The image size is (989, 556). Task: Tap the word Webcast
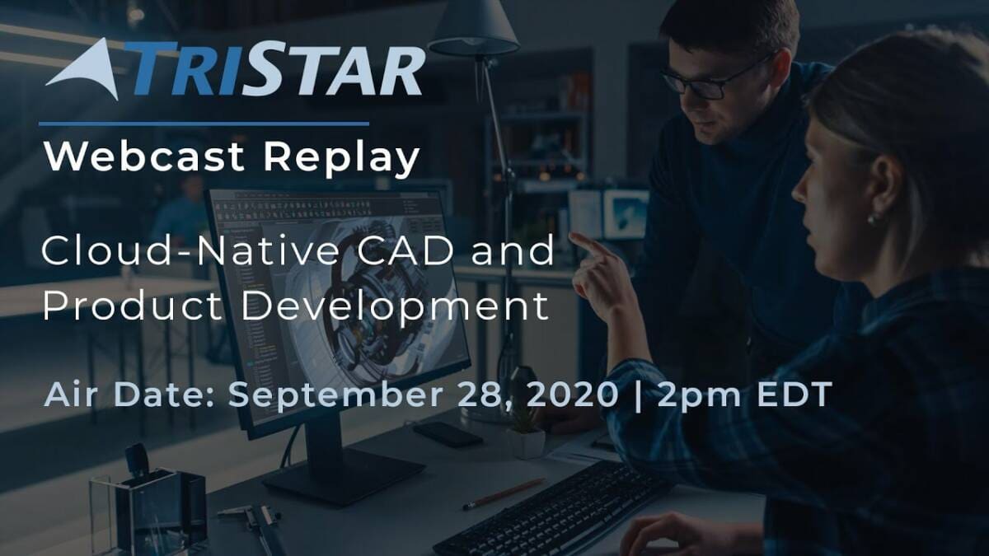click(x=144, y=157)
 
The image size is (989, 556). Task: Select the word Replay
click(x=341, y=160)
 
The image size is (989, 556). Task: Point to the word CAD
click(x=405, y=250)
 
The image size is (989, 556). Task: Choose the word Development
click(x=395, y=308)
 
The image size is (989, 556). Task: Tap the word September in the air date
click(x=335, y=395)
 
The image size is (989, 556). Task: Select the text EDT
click(x=794, y=394)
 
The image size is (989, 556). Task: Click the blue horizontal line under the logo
click(x=204, y=124)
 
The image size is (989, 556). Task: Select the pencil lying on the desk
click(x=504, y=494)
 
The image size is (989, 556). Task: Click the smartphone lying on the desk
click(x=448, y=434)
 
